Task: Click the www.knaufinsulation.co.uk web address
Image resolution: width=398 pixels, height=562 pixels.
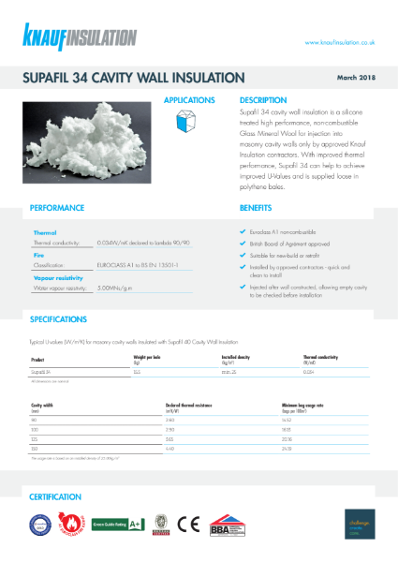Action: pos(340,42)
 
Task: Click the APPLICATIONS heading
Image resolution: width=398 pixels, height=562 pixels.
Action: pos(189,99)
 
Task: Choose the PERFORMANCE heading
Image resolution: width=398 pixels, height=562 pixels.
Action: pos(57,208)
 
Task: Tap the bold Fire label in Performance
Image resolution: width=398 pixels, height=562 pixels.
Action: pos(40,254)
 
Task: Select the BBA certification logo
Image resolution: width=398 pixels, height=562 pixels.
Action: pos(226,525)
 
